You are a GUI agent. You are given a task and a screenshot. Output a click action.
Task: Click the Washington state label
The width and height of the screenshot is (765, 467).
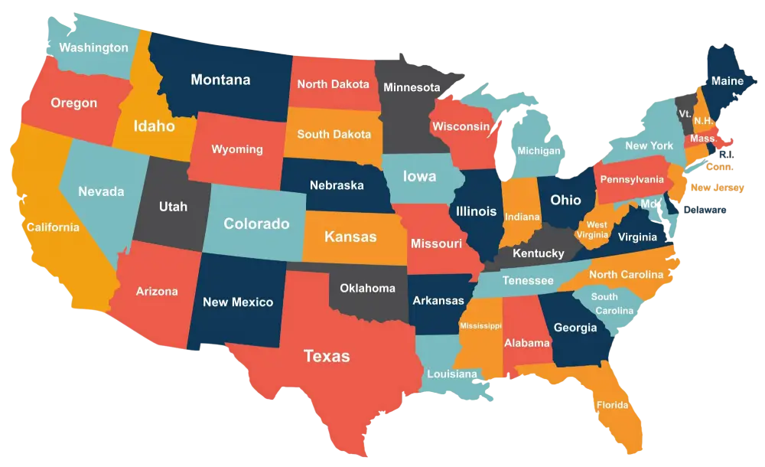[x=93, y=47]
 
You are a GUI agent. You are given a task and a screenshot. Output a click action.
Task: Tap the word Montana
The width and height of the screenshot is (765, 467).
[x=220, y=80]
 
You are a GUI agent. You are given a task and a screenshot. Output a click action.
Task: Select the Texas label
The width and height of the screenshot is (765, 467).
[x=327, y=356]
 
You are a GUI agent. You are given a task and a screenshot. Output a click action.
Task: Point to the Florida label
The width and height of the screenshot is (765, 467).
[x=612, y=405]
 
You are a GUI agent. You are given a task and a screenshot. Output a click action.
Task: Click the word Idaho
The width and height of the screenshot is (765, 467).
[x=155, y=126]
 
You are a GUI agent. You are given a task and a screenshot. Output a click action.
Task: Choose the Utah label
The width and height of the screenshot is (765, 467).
[x=172, y=206]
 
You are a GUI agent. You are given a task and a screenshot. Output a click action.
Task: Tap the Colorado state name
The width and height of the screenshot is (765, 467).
[x=256, y=224]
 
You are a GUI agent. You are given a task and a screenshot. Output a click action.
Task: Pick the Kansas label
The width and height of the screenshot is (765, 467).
[x=350, y=237]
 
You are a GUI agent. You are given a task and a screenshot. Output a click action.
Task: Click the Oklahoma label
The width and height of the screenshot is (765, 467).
[x=367, y=288]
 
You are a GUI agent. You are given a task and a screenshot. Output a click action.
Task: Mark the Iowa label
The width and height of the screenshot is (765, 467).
[x=419, y=177]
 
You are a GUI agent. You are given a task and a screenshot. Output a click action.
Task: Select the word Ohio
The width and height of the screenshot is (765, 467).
[x=566, y=200]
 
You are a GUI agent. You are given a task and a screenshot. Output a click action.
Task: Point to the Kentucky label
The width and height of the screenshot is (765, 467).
[x=538, y=253]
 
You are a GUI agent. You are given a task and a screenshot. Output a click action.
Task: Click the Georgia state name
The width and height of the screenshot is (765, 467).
[x=575, y=328]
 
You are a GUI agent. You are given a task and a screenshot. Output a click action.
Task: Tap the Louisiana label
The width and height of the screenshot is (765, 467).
[x=452, y=374]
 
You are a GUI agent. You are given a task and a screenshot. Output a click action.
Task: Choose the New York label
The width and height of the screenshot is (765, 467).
[x=649, y=145]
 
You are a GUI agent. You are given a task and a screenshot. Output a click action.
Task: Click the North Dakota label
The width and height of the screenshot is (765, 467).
[x=333, y=84]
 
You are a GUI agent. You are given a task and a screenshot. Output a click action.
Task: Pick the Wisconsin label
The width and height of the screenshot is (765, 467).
[x=461, y=126]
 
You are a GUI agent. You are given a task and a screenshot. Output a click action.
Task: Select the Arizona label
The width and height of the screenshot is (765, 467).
[x=157, y=291]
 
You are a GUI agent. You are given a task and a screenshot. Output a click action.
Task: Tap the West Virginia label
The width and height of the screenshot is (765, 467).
[x=597, y=230]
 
